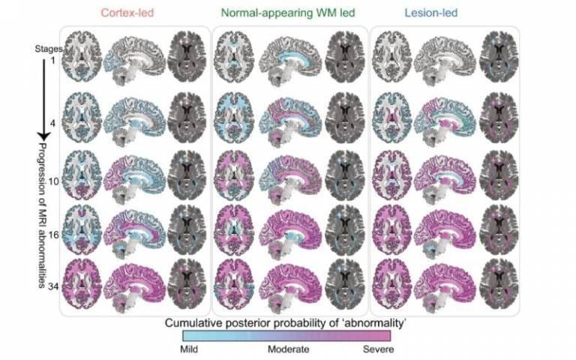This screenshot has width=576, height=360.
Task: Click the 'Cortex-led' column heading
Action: (x=127, y=13)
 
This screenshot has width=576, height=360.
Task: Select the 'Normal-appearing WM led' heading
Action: (x=288, y=13)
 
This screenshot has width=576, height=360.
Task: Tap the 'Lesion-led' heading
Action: (x=431, y=13)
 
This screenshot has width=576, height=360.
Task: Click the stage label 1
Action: (x=52, y=60)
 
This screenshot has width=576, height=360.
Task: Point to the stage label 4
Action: (x=52, y=124)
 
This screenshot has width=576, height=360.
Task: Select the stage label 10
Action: (x=54, y=181)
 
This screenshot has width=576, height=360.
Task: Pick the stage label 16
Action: (x=54, y=235)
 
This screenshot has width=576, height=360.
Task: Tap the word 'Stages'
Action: (x=49, y=49)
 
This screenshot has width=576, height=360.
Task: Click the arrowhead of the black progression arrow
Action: (x=44, y=136)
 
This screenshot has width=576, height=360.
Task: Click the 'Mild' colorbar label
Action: (x=189, y=349)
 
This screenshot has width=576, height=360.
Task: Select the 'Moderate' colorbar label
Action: (x=288, y=349)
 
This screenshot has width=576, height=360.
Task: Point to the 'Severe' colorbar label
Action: (x=378, y=349)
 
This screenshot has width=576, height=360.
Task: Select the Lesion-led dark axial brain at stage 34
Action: (x=499, y=282)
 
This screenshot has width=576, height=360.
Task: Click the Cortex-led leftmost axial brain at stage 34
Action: (x=82, y=282)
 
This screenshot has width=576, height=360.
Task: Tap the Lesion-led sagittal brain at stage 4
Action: (x=445, y=119)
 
